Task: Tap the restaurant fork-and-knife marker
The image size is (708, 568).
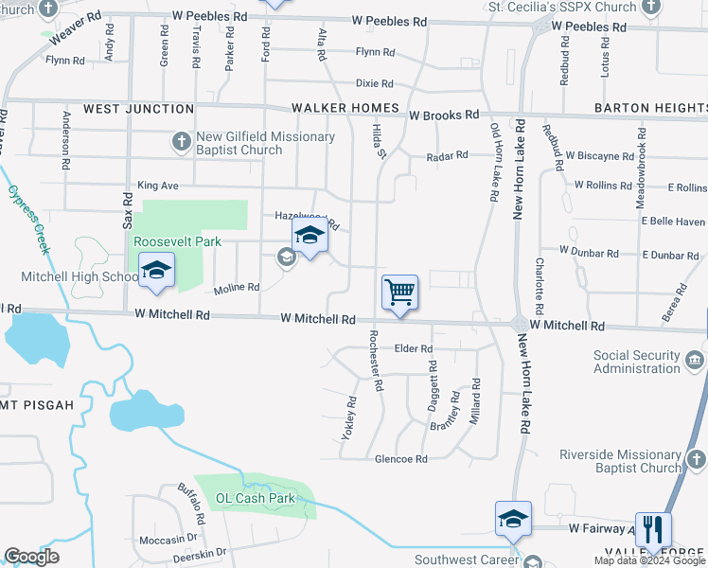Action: coord(653,528)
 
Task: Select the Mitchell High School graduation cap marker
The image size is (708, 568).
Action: coord(156,271)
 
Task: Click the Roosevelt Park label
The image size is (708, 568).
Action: coord(177,241)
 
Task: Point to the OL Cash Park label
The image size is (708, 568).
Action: coord(256,498)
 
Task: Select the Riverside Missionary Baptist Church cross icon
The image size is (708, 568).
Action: coord(696,460)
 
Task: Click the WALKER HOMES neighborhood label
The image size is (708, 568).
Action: coord(345,108)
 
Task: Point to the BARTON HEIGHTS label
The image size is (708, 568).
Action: coord(651,108)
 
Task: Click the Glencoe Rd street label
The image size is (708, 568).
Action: coord(401,458)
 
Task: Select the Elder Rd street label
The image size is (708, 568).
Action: coord(413,348)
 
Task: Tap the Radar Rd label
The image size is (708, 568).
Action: coord(447,155)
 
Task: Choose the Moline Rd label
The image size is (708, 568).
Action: coord(237,287)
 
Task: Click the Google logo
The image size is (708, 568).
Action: coord(31,556)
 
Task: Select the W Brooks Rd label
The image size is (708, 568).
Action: coord(444,115)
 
